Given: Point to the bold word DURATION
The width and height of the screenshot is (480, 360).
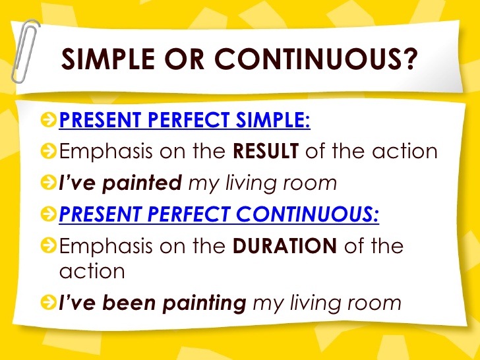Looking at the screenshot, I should (x=285, y=247).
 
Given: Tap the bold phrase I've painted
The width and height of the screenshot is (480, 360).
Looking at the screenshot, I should (x=121, y=183).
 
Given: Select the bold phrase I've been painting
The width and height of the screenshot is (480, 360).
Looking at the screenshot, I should (x=153, y=303).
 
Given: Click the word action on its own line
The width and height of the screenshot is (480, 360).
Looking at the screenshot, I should (x=92, y=271).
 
